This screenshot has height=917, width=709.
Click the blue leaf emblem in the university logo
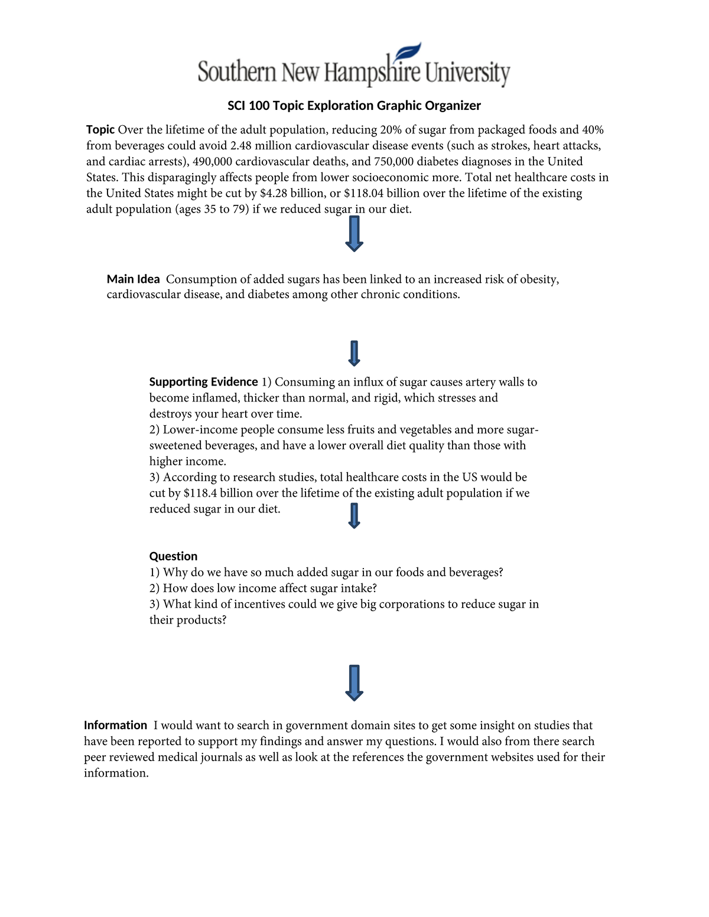408,53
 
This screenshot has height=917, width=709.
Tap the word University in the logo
467,73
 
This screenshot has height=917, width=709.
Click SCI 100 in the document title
248,106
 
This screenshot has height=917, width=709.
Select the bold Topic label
100,130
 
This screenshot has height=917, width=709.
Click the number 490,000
212,162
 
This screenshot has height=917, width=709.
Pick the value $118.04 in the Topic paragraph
363,194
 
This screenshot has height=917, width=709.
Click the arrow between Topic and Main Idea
354,234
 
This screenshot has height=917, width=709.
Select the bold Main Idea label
133,279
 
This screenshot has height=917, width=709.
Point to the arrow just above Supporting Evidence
354,353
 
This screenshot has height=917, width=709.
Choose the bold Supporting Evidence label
203,382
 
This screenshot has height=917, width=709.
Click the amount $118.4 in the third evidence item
200,493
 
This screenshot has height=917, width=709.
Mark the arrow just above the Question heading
354,515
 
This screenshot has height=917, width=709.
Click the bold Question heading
173,556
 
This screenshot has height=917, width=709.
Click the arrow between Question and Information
354,683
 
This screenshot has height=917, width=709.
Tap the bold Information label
115,725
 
